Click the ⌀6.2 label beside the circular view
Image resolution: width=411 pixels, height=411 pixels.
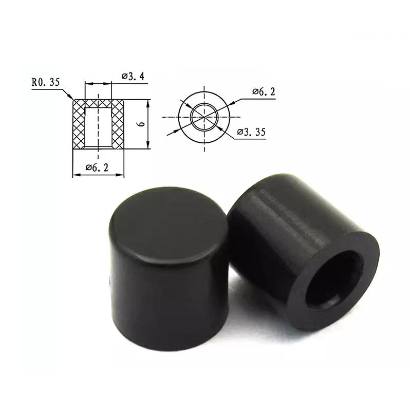[x=264, y=92]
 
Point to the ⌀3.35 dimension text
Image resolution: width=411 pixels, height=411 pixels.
[x=251, y=132]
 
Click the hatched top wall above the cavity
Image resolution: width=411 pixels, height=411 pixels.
[x=98, y=103]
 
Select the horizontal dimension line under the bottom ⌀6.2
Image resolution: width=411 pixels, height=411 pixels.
[x=98, y=175]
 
